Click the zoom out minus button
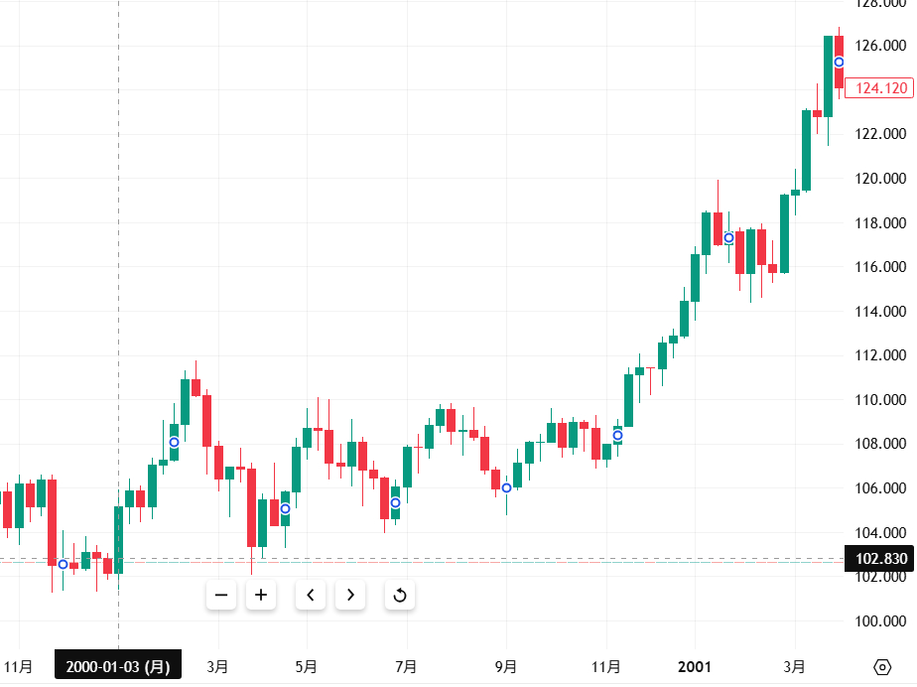221,595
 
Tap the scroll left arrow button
311,595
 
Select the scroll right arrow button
350,595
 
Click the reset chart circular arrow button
400,595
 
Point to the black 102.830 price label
877,559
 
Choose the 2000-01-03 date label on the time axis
118,667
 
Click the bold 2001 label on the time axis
695,666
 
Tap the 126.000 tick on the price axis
881,46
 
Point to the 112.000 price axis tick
881,355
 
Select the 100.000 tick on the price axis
881,621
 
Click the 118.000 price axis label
881,222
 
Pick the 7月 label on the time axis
406,666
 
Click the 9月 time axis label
506,666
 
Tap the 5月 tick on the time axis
307,666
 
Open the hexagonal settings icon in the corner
881,666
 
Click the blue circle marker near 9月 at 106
506,487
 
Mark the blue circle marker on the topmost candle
839,63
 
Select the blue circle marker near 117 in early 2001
728,237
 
